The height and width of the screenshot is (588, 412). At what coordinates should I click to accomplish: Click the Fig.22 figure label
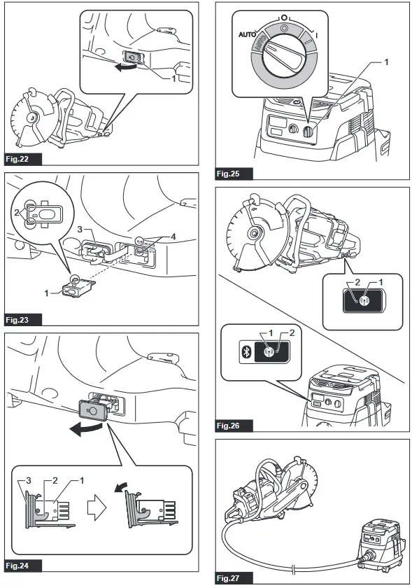coord(22,159)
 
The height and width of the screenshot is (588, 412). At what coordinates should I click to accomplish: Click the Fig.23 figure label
coord(22,320)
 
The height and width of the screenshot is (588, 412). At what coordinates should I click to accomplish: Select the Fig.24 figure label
coord(22,564)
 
